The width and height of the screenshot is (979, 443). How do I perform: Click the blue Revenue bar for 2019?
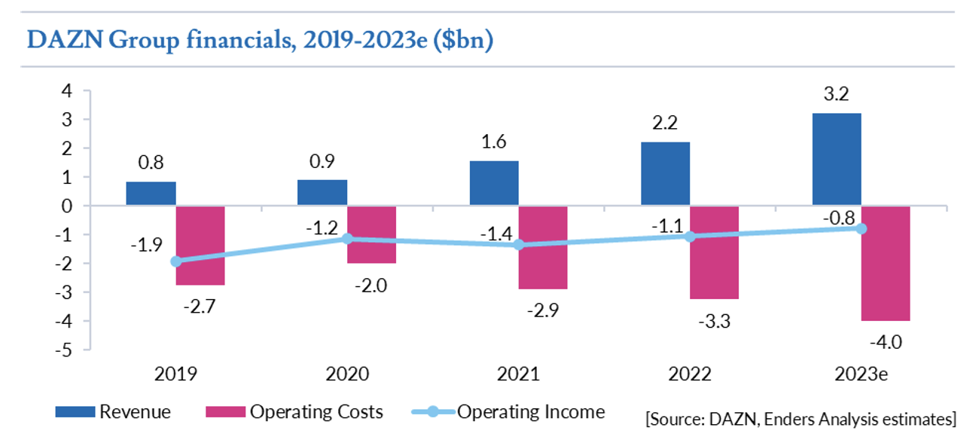coord(151,194)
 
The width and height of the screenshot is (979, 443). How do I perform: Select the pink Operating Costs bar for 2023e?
coord(886,263)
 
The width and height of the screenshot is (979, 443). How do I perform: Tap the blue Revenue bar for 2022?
coord(665,173)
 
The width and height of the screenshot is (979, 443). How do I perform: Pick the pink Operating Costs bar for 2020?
coord(372,234)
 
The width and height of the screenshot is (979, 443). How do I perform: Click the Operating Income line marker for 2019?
coord(176,261)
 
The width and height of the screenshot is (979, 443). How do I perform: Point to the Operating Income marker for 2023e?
coord(862,228)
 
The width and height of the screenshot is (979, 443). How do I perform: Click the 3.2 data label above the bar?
coord(837,96)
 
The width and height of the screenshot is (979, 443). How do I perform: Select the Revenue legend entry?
coord(114,412)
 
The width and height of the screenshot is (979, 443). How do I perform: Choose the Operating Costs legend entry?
coord(294,412)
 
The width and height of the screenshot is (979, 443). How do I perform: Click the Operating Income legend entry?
coord(509,412)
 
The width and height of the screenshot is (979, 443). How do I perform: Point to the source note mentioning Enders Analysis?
coord(801,417)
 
